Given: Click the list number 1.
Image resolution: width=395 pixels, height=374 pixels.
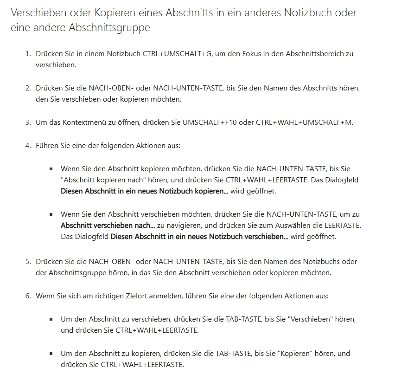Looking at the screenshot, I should (x=27, y=53).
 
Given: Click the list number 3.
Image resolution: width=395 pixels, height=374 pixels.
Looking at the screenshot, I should (x=27, y=123).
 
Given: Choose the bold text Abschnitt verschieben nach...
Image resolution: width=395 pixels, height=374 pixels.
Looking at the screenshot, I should (x=108, y=226).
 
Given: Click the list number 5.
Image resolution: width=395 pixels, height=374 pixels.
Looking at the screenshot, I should (x=27, y=261).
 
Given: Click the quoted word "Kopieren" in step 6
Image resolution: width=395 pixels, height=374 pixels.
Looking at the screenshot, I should (x=294, y=354).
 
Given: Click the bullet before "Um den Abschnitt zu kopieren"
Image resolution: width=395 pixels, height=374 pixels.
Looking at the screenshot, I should (x=51, y=354).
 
